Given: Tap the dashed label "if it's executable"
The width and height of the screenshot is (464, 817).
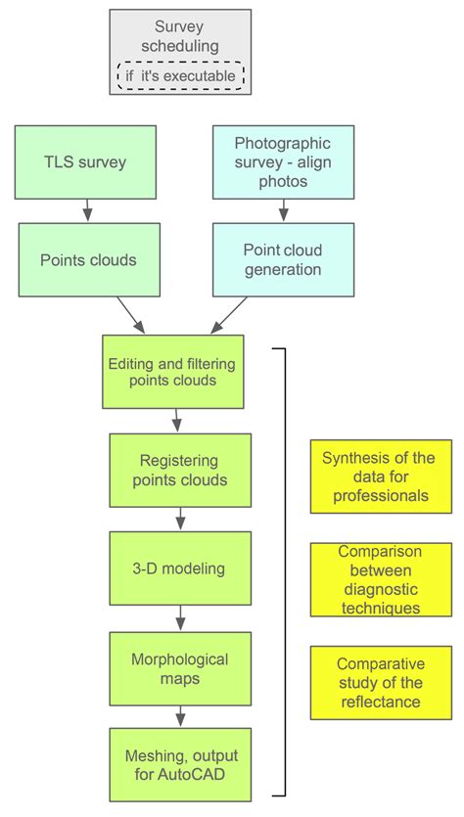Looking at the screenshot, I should coord(180,75).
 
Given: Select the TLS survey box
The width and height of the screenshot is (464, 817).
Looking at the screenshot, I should coord(88,161).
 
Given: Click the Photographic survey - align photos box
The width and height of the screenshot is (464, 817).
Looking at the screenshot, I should coord(283,161).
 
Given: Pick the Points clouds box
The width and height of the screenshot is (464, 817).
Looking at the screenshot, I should coord(88,259).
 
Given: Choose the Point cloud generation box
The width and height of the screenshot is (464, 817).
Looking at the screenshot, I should coord(283,259).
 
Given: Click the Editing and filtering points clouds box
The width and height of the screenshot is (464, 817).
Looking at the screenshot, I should coord(172,371).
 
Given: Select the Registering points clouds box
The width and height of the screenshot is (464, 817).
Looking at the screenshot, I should coord(179,471).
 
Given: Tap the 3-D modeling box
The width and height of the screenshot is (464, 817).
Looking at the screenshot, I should coord(179,568).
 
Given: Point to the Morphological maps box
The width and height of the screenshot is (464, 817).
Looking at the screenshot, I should coord(179,667).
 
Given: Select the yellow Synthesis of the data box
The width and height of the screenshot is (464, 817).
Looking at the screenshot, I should coord(381,477).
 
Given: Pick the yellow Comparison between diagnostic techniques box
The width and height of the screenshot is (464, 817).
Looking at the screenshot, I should coord(381,579).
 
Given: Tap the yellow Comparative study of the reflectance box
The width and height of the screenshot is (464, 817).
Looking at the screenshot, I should coord(381,682).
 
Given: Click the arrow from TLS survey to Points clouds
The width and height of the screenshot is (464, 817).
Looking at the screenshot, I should coord(88,210).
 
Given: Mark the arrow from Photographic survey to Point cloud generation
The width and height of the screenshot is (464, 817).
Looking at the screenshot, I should coord(283,210).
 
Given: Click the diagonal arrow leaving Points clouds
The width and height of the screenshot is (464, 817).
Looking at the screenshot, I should coord(130,315).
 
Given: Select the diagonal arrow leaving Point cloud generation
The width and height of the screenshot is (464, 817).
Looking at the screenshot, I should coord(227,315).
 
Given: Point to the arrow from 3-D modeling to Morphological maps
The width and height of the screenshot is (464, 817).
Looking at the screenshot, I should coord(179,617).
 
